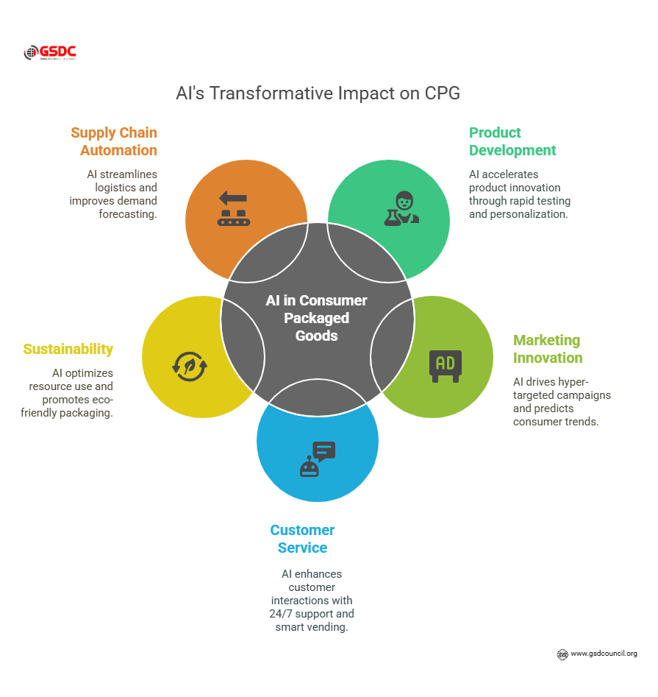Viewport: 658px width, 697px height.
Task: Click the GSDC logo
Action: tap(50, 53)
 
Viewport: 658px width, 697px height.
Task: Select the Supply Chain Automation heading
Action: tap(114, 141)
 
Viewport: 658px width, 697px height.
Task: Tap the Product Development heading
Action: tap(512, 141)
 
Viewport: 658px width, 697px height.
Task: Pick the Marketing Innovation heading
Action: tap(548, 349)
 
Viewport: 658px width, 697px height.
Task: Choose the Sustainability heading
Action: tap(68, 349)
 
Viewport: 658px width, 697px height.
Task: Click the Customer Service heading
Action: tap(302, 539)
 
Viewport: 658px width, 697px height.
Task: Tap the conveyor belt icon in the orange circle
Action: tap(233, 208)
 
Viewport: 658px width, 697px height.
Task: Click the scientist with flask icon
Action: tap(401, 208)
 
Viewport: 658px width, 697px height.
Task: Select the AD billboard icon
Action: tap(446, 366)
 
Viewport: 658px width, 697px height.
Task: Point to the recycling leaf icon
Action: tap(190, 366)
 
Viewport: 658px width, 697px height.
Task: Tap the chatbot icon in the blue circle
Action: tap(318, 459)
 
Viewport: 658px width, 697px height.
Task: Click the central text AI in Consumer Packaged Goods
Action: tap(316, 318)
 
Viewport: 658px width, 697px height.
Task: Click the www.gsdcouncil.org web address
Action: tap(604, 654)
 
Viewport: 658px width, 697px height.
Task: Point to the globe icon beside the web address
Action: tap(562, 654)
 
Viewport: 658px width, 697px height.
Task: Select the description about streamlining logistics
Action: tap(115, 194)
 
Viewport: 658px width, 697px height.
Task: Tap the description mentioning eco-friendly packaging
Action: tap(71, 392)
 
